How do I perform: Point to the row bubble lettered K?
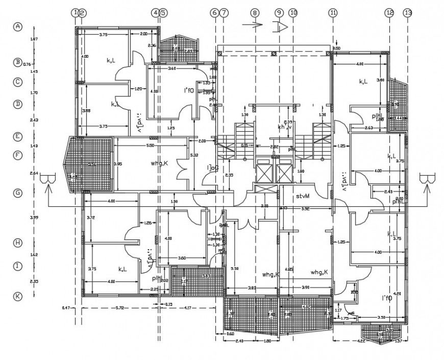18,296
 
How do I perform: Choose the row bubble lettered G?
18,193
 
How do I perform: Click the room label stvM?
304,196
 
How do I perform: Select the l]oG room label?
212,167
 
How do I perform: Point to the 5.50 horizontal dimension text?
150,146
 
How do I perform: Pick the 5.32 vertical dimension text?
193,155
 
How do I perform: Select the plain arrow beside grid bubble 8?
253,25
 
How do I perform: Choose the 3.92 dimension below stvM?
306,208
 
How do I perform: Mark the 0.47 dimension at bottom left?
65,308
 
